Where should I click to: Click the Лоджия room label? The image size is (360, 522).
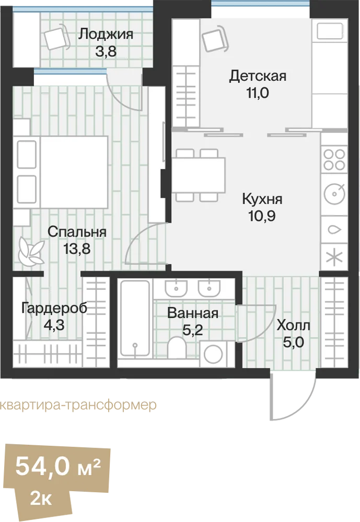click(106, 34)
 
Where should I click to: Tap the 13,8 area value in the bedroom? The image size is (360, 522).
click(77, 248)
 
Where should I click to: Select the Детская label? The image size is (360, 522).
click(258, 76)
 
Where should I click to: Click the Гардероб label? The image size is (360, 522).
click(54, 309)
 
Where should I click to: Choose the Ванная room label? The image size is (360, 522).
click(193, 313)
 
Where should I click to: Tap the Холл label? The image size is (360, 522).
click(293, 325)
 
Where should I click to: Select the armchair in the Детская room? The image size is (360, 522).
click(216, 39)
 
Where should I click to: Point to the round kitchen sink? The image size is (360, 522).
click(334, 194)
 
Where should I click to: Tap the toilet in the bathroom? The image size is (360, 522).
click(176, 348)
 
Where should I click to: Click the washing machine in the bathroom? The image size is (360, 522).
click(213, 353)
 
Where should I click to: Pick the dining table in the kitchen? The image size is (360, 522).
click(199, 175)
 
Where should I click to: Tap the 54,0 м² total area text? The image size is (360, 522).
click(58, 466)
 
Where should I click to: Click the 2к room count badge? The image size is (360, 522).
click(41, 499)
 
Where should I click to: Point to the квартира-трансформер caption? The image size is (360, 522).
click(78, 405)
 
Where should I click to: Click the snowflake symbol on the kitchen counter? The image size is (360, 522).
click(334, 257)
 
